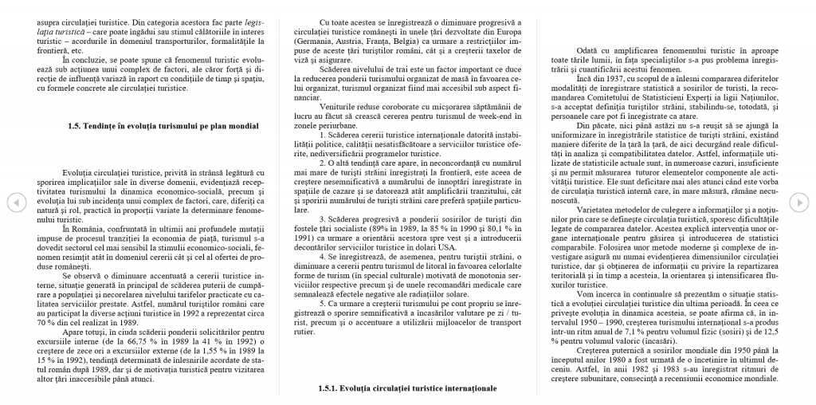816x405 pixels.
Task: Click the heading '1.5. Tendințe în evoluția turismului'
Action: (x=163, y=126)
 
